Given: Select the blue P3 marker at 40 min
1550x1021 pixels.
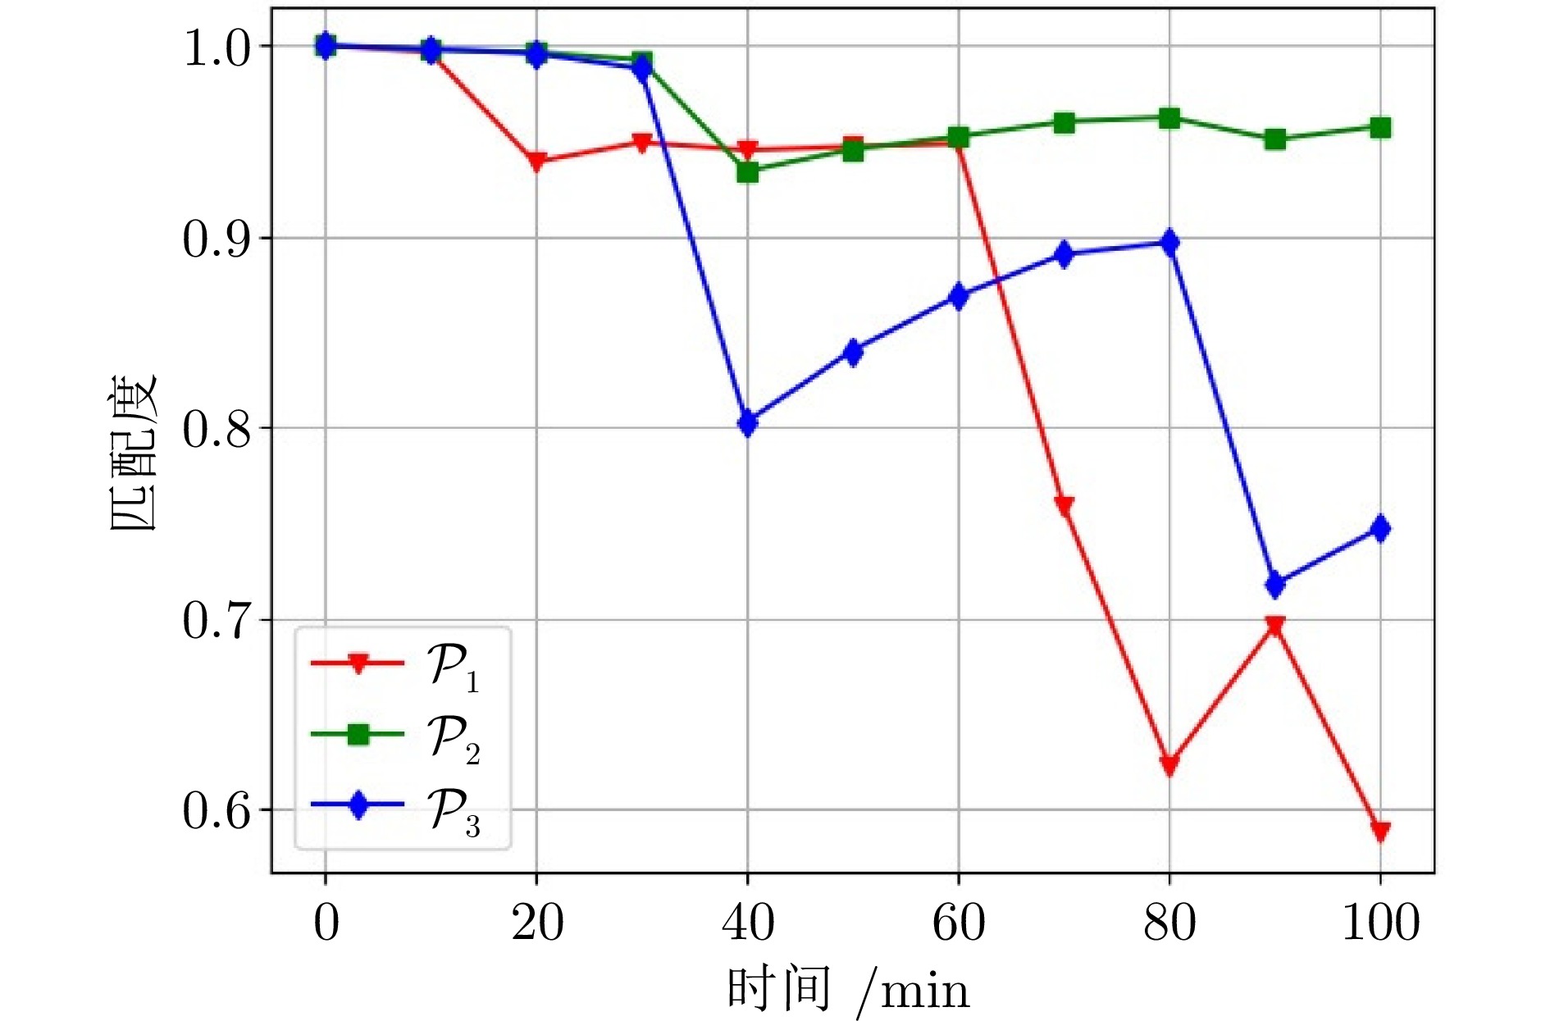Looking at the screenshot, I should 747,423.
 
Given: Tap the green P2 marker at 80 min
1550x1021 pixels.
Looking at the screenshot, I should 1169,119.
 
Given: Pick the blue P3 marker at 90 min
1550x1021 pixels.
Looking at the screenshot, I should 1275,585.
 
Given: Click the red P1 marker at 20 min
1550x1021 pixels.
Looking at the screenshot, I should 536,162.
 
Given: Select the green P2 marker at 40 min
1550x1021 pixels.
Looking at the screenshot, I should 747,172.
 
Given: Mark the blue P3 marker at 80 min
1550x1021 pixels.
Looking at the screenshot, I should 1169,244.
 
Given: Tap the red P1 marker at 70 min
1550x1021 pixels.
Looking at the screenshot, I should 1064,505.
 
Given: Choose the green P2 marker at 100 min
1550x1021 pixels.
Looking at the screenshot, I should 1380,128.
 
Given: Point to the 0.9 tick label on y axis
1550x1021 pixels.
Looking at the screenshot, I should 216,239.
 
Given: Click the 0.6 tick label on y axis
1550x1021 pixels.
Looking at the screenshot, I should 216,810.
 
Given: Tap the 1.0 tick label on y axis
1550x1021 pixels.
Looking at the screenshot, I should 216,48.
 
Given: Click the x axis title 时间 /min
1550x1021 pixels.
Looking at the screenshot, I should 848,989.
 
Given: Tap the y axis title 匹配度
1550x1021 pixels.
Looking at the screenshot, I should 133,453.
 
